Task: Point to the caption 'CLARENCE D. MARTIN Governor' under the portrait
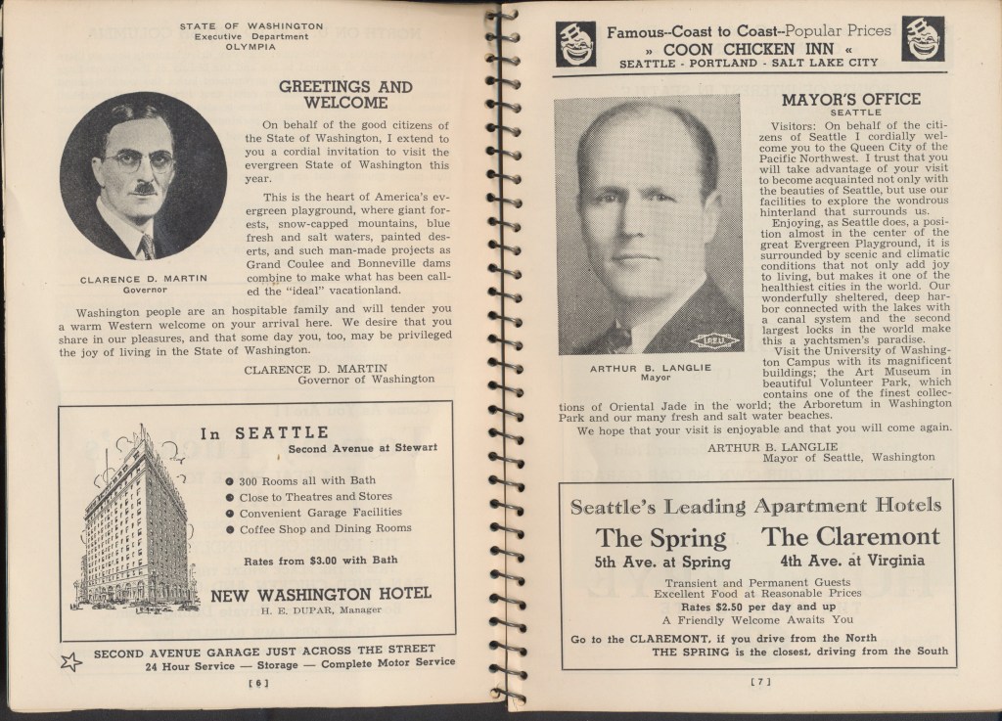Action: (x=143, y=285)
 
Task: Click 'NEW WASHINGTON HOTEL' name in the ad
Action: (x=321, y=594)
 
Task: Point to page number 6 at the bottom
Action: (x=259, y=684)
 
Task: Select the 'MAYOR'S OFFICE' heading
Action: (x=850, y=99)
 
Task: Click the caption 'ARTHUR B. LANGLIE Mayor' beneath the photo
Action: (x=647, y=374)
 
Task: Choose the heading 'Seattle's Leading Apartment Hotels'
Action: (x=755, y=506)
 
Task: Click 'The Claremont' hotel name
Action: (x=850, y=536)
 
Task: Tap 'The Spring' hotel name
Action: (x=661, y=537)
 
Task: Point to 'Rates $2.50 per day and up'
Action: (x=755, y=606)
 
